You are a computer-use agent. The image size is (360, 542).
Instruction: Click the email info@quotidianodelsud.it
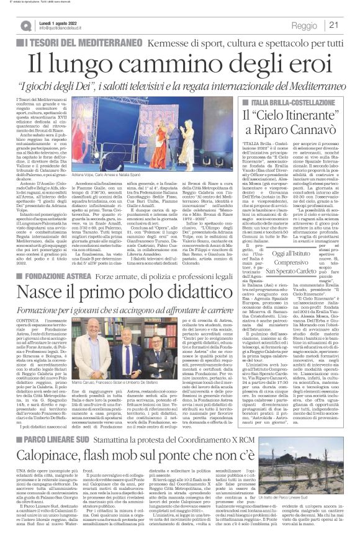point(65,29)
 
